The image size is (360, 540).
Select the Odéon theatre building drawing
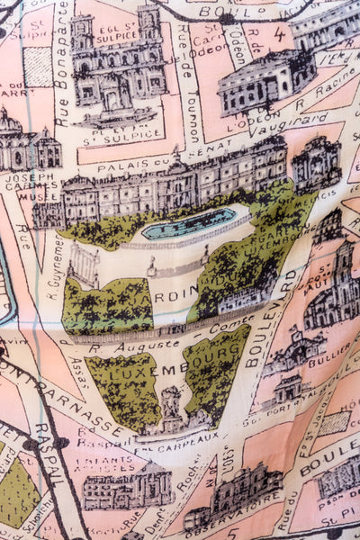click(x=265, y=81)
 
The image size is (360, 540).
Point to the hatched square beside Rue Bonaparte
click(x=38, y=67)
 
